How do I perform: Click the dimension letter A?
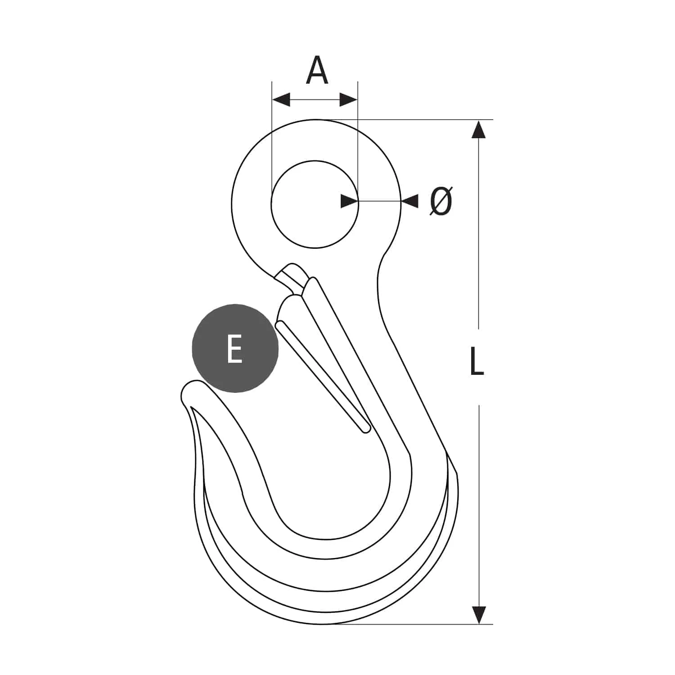317,71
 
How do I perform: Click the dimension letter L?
476,361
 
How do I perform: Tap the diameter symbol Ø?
441,201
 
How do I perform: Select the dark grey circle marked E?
235,348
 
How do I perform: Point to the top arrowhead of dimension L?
479,129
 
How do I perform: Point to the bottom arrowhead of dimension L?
479,615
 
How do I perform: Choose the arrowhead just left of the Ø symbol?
409,201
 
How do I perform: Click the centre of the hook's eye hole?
315,204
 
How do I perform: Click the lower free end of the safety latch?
365,427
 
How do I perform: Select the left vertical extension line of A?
272,135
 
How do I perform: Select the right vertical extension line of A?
358,135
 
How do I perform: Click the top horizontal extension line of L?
427,120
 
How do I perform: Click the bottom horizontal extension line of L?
427,624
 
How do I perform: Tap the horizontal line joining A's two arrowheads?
315,100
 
